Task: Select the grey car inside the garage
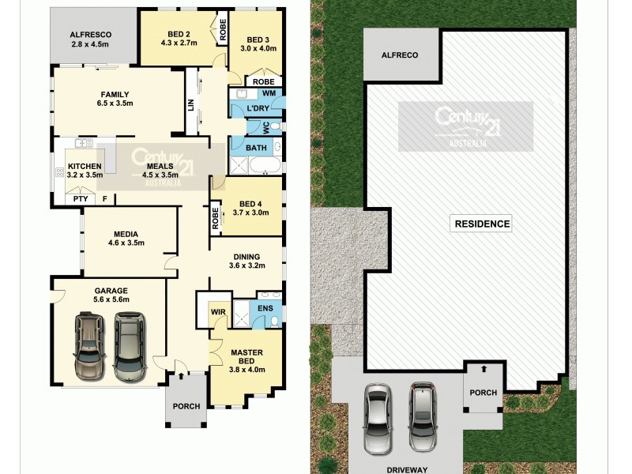coord(129,346)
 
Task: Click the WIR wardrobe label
coord(219,312)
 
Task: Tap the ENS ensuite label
coord(265,307)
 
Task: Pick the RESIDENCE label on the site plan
coord(482,224)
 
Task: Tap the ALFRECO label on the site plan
coord(400,55)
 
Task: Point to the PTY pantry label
coord(81,199)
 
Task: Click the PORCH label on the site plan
coord(483,393)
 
